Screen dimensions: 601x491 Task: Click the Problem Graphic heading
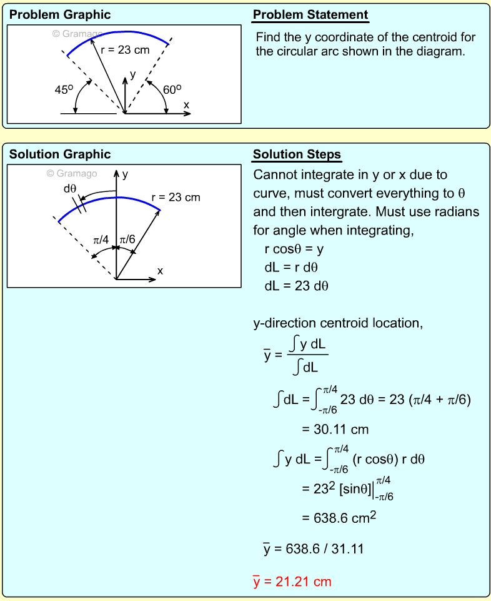coord(60,14)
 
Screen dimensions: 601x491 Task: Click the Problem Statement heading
coord(310,15)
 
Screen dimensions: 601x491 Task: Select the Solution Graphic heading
coord(60,154)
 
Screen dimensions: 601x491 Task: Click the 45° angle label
coord(64,89)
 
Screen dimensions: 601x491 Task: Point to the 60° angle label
coord(172,89)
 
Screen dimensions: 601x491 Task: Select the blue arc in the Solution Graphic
coord(106,200)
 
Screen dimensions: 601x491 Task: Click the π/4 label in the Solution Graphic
coord(101,240)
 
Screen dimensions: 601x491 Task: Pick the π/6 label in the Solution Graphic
coord(127,240)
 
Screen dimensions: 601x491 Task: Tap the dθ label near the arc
coord(70,188)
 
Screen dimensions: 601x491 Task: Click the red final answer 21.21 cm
coord(292,582)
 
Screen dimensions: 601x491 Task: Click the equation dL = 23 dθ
coord(297,286)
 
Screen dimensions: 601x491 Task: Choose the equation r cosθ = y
coord(294,249)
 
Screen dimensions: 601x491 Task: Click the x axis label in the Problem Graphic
coord(186,105)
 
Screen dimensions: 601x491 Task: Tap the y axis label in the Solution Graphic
coord(125,174)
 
